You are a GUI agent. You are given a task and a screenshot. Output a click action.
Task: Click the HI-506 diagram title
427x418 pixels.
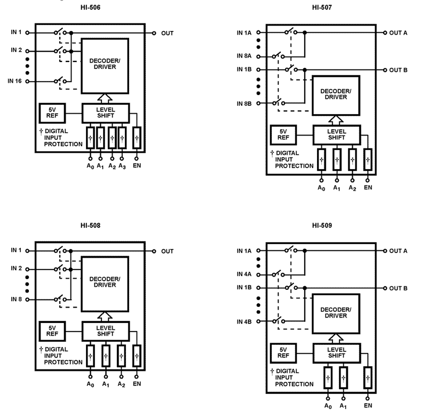[x=90, y=8]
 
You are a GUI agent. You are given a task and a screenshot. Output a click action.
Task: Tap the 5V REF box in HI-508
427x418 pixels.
[x=51, y=331]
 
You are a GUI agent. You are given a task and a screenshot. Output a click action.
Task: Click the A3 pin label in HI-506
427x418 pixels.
[x=122, y=167]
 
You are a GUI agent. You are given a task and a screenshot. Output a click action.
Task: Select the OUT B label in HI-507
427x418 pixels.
[x=398, y=70]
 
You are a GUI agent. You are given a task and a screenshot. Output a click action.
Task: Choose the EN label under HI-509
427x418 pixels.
[x=368, y=406]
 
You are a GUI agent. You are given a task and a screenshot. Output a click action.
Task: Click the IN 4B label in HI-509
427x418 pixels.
[x=245, y=321]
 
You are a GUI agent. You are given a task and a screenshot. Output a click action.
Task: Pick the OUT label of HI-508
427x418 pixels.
[x=167, y=251]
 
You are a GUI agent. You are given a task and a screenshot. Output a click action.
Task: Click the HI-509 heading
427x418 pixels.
[x=322, y=226]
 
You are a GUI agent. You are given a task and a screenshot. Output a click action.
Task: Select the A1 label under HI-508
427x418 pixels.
[x=106, y=383]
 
